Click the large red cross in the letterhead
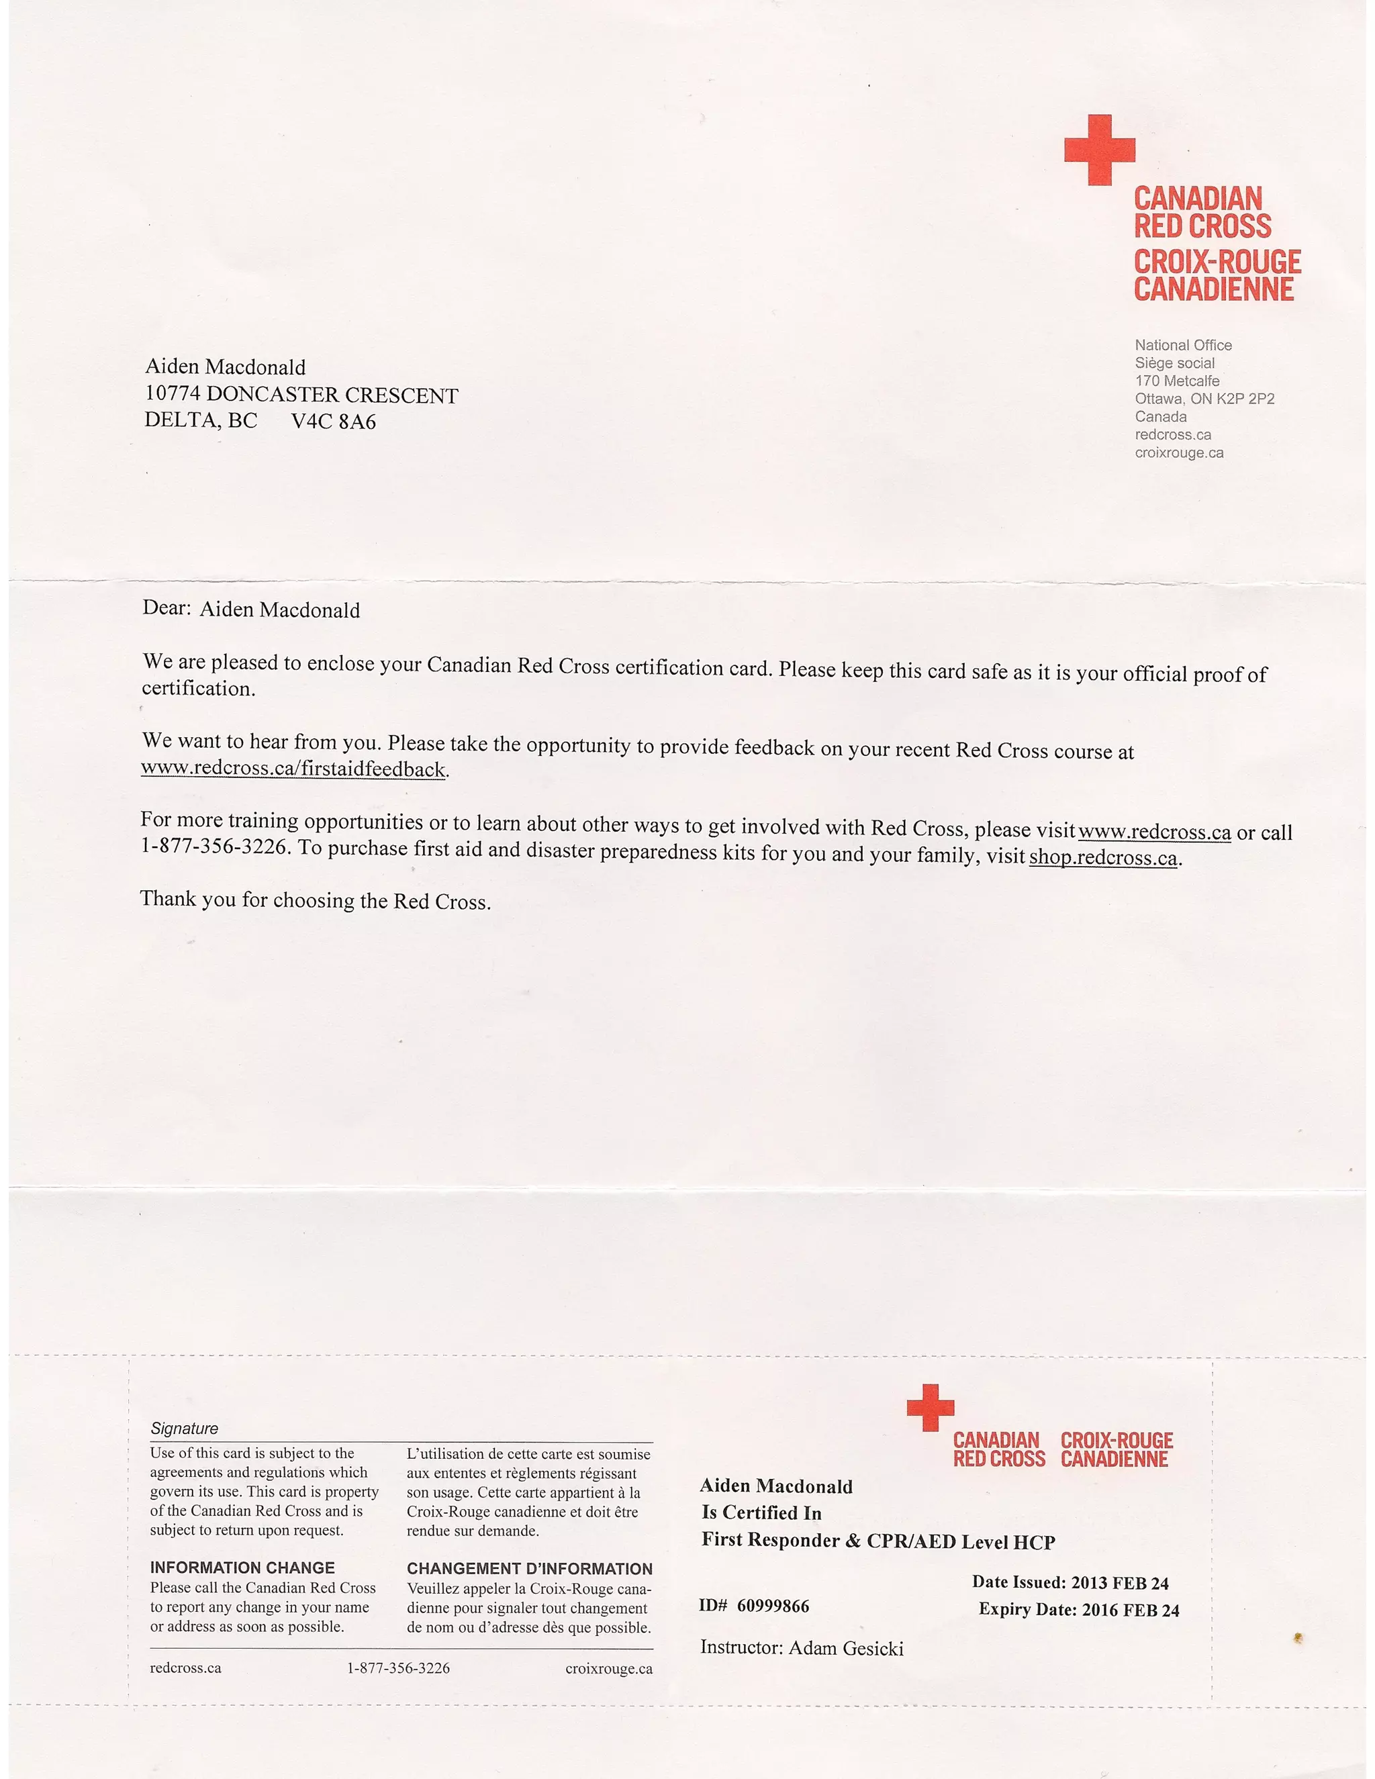[1099, 149]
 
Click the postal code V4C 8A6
[333, 422]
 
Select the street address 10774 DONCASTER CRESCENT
[301, 395]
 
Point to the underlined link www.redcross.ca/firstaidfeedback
[293, 768]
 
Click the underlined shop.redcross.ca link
[1103, 858]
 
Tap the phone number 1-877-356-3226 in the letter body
[214, 845]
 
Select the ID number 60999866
[773, 1606]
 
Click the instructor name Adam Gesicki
[845, 1648]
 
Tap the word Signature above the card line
[184, 1429]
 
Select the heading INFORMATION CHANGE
[242, 1568]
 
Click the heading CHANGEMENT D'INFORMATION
[530, 1568]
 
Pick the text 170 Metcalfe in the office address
[1177, 381]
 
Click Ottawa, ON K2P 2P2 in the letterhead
[1204, 398]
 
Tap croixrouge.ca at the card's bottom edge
[608, 1668]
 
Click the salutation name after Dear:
[279, 610]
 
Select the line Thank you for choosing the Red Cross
[316, 900]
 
